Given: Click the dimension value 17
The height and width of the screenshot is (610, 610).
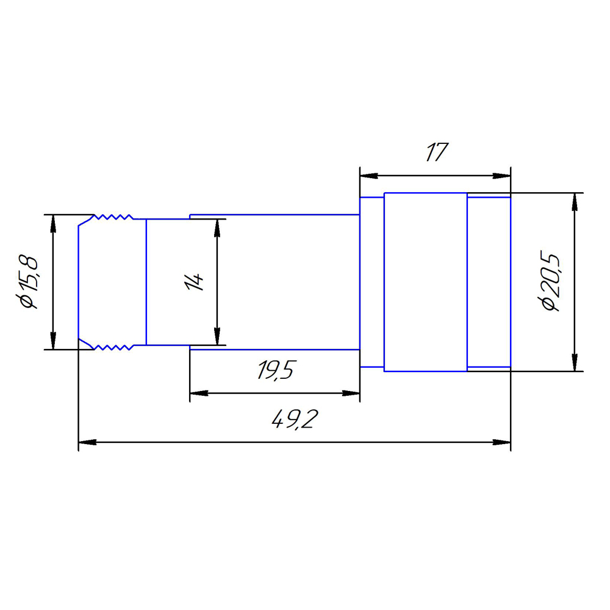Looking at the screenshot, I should coord(436,152).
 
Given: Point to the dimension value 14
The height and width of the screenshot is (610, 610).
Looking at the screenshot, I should coord(195,282).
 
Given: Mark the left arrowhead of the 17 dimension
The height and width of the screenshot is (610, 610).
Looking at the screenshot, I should coord(368,176).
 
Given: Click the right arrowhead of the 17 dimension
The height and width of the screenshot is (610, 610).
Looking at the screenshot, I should coord(502,176).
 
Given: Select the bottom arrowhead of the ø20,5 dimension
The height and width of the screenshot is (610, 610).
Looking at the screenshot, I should coord(574,362).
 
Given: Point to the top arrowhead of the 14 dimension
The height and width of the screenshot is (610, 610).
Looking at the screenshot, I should coord(217,228).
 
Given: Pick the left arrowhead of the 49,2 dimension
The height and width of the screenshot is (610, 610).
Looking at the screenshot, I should coord(88,442).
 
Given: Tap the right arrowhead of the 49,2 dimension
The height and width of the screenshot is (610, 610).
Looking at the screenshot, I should coord(502,442).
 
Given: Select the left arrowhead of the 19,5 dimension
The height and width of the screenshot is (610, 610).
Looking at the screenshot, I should coord(199,393).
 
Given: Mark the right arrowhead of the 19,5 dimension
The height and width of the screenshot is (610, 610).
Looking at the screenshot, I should coord(351,393).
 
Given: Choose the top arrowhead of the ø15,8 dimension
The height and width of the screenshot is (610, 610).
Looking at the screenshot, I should coord(53,224).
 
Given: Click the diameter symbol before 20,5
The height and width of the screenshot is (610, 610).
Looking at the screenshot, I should coord(550,304).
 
